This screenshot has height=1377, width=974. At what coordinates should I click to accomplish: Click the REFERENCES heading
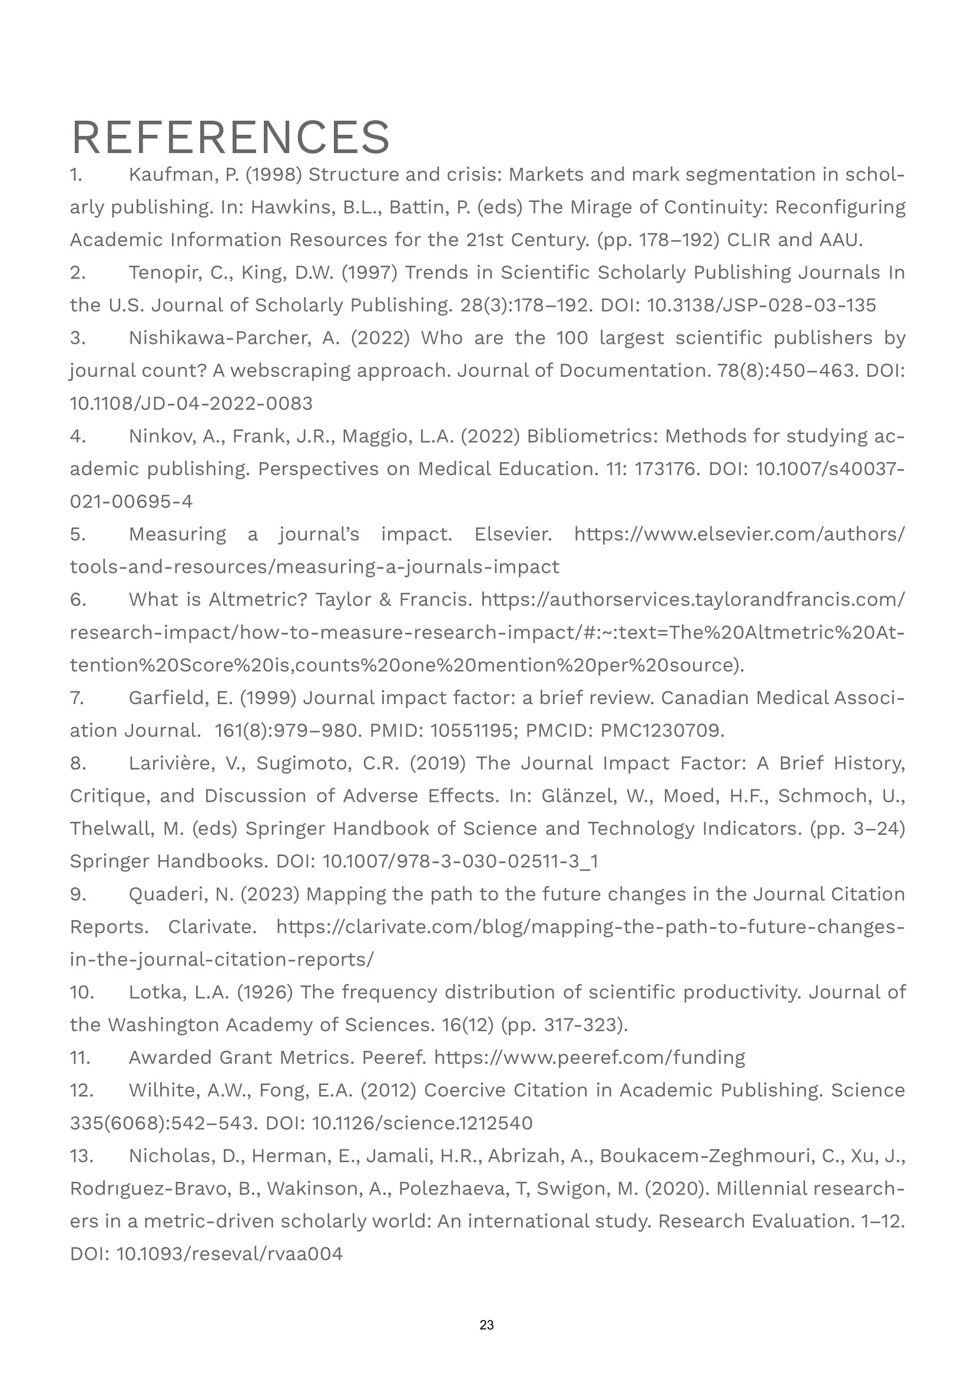tap(230, 137)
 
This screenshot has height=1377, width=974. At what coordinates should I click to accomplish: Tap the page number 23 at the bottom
tap(486, 1325)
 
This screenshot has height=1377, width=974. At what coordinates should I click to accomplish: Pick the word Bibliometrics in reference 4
tap(591, 436)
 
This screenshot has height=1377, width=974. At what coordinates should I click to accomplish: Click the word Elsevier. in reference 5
tap(513, 535)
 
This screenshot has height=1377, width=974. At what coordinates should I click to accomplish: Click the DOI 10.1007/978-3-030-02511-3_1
tap(460, 862)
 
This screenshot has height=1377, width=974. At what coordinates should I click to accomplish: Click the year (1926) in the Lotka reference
tap(264, 993)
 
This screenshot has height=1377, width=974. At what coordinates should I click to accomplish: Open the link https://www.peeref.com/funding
tap(589, 1058)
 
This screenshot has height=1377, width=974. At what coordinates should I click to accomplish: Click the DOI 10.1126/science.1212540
tap(422, 1123)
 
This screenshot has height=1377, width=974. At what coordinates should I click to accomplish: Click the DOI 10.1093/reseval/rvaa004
tap(229, 1254)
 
